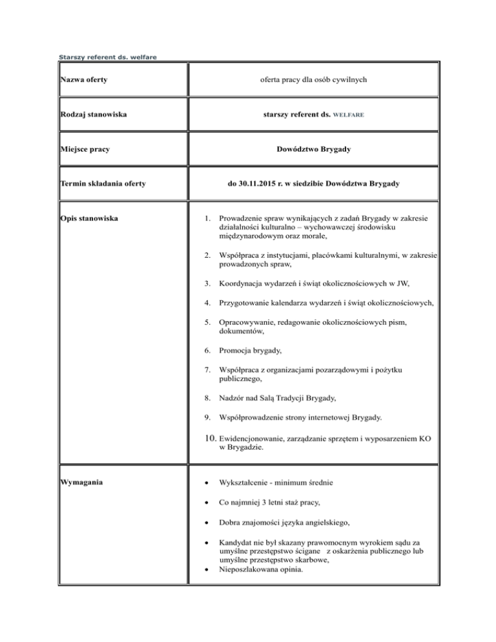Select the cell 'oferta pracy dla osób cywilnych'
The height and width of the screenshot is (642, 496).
[x=313, y=79]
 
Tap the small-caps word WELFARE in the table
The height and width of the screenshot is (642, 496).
[x=349, y=115]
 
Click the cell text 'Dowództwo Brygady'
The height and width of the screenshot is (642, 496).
[x=313, y=149]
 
